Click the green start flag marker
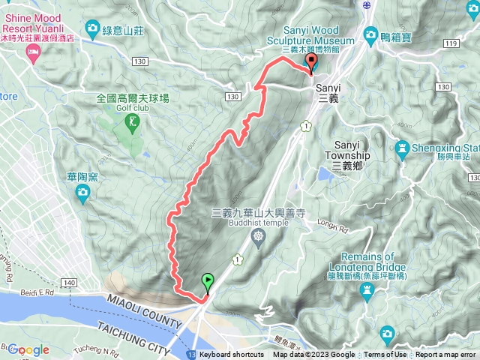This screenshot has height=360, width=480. [x=207, y=282]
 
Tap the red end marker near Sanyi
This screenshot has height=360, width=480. [x=311, y=63]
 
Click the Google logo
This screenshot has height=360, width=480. [x=28, y=349]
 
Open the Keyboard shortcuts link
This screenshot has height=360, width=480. [x=232, y=355]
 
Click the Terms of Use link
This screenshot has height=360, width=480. [x=385, y=355]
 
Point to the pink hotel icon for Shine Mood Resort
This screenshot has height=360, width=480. [x=32, y=51]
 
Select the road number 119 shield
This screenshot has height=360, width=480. [x=450, y=44]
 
